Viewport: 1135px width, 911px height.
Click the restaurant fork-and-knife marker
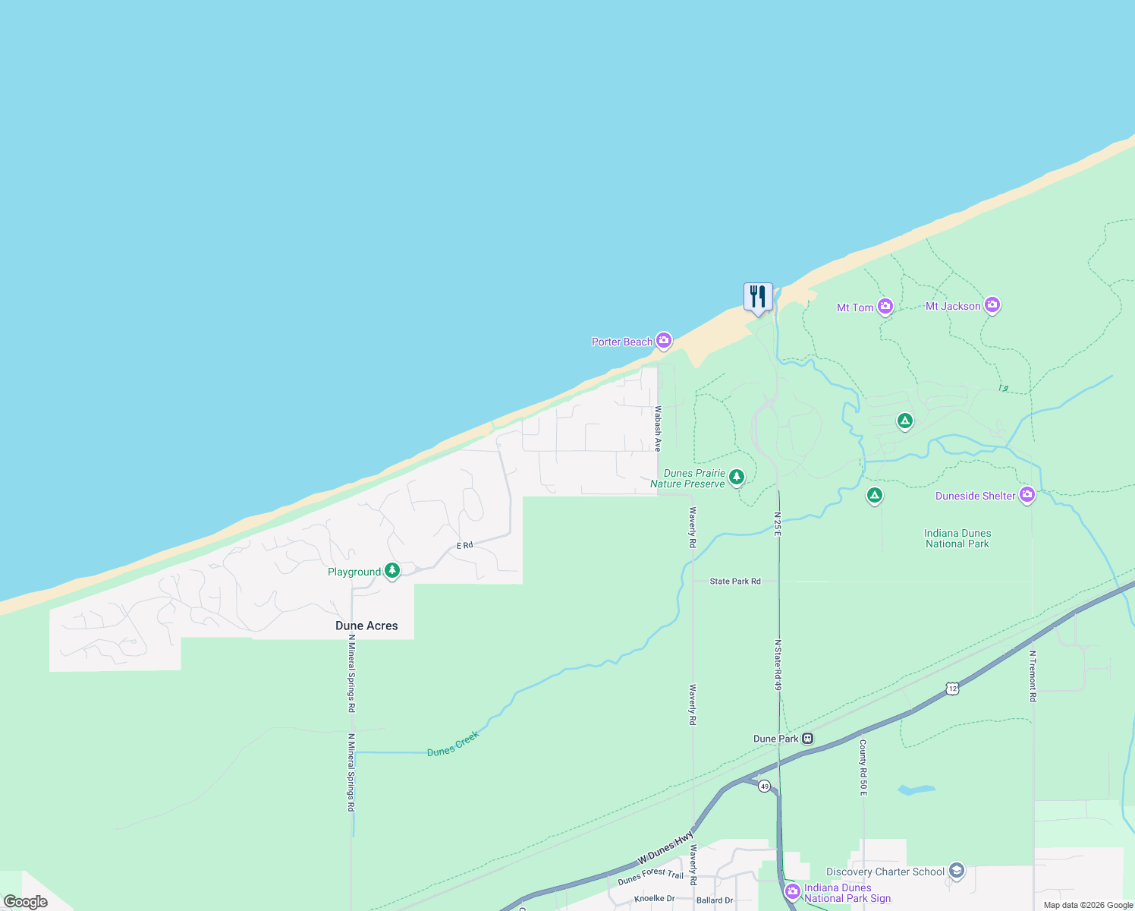[x=758, y=297]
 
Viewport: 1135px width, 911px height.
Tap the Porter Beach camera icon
[x=664, y=341]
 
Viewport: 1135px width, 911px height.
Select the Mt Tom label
[x=855, y=307]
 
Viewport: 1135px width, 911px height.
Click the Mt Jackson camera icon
[x=992, y=305]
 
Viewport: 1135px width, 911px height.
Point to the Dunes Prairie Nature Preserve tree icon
[x=736, y=478]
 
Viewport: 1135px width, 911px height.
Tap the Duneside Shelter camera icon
[x=1027, y=495]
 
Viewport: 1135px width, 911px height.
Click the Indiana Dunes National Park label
[x=957, y=538]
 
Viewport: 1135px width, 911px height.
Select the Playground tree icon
[x=392, y=571]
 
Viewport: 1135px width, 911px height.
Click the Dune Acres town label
[x=366, y=626]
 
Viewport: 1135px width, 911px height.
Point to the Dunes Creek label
[x=453, y=744]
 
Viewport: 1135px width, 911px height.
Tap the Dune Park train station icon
[x=808, y=738]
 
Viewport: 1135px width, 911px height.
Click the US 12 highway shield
[x=953, y=688]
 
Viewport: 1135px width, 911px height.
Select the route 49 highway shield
[x=764, y=786]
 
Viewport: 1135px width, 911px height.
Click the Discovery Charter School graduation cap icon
[x=957, y=871]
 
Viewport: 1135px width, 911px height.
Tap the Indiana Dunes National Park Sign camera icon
[x=793, y=891]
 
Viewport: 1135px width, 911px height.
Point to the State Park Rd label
[x=735, y=582]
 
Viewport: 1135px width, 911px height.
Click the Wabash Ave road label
[x=658, y=429]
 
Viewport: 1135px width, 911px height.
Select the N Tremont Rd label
[x=1033, y=676]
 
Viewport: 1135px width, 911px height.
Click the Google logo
[x=25, y=902]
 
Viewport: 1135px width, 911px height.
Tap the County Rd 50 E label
[x=863, y=768]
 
